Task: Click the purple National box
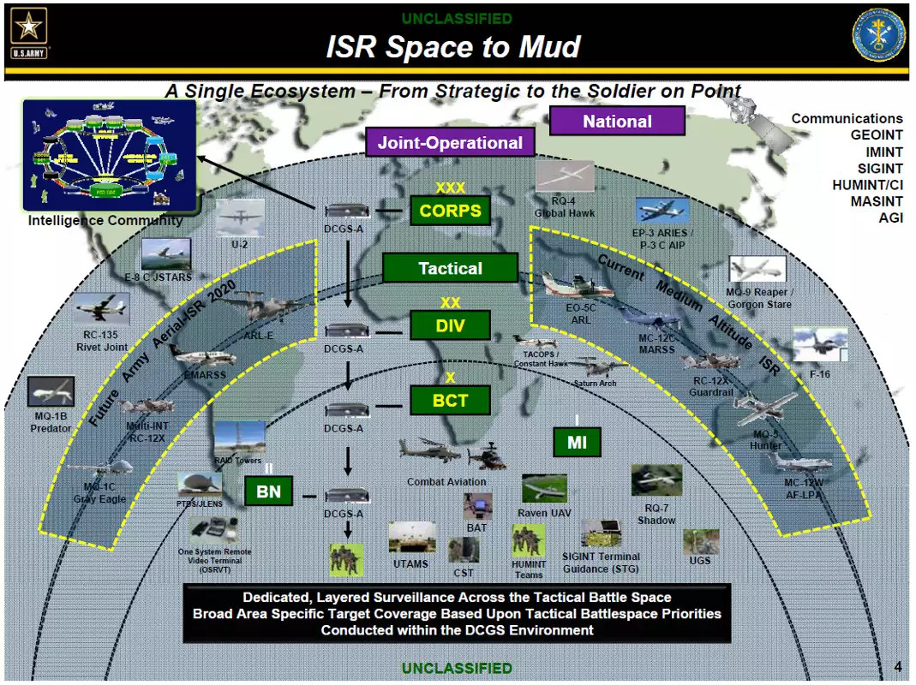click(x=617, y=121)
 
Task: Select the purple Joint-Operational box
click(x=450, y=142)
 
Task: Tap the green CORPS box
click(x=450, y=211)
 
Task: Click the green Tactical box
click(x=450, y=268)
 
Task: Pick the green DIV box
click(x=450, y=325)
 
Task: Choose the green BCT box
click(x=450, y=400)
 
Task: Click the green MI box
click(x=577, y=442)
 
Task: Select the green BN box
click(x=268, y=491)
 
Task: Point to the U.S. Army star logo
click(x=28, y=31)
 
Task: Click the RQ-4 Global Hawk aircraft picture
click(x=565, y=177)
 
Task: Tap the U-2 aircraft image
click(x=240, y=218)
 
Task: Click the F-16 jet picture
click(x=819, y=345)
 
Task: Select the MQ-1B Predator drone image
click(x=51, y=392)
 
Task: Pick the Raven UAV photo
click(x=544, y=489)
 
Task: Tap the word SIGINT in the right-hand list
click(x=879, y=169)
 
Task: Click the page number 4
click(x=897, y=667)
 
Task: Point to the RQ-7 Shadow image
click(x=656, y=480)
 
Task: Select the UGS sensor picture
click(x=701, y=541)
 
